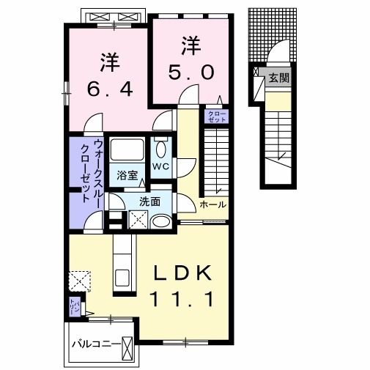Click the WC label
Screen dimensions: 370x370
pyautogui.click(x=162, y=166)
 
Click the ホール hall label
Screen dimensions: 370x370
pyautogui.click(x=213, y=204)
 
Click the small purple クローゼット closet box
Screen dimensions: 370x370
pyautogui.click(x=217, y=115)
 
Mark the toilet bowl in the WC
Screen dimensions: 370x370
pyautogui.click(x=162, y=147)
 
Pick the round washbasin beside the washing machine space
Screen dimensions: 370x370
pyautogui.click(x=162, y=221)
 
